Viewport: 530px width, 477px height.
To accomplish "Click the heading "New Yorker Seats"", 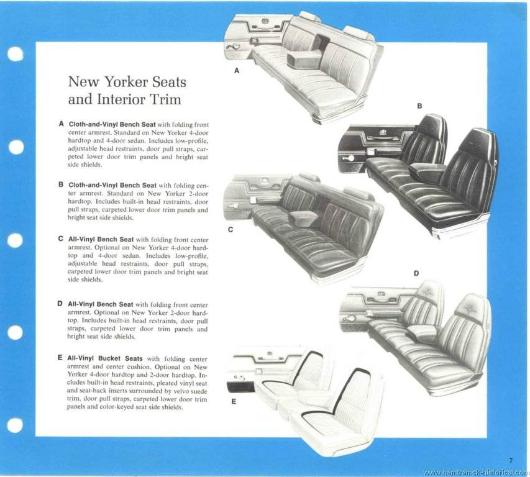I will tap(126, 82).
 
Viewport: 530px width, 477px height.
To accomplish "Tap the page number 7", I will tap(509, 460).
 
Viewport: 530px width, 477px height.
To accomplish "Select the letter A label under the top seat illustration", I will tap(237, 71).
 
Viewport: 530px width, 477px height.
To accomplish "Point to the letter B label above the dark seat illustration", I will tap(419, 106).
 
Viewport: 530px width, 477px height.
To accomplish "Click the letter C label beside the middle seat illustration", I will tap(230, 230).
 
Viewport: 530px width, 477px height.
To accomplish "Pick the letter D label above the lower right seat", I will tap(416, 273).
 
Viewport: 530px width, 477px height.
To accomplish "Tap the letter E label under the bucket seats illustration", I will tap(234, 402).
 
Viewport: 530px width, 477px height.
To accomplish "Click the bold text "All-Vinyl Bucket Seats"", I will tap(104, 359).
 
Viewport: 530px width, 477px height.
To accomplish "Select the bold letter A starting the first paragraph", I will tap(61, 124).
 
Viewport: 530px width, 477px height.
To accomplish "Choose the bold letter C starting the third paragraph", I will tap(61, 238).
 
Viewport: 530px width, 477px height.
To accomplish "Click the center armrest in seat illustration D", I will tap(423, 332).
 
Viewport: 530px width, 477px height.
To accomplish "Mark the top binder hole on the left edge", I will tap(15, 54).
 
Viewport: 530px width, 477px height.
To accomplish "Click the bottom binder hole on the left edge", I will tap(15, 425).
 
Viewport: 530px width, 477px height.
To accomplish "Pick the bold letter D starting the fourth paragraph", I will tap(61, 304).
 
